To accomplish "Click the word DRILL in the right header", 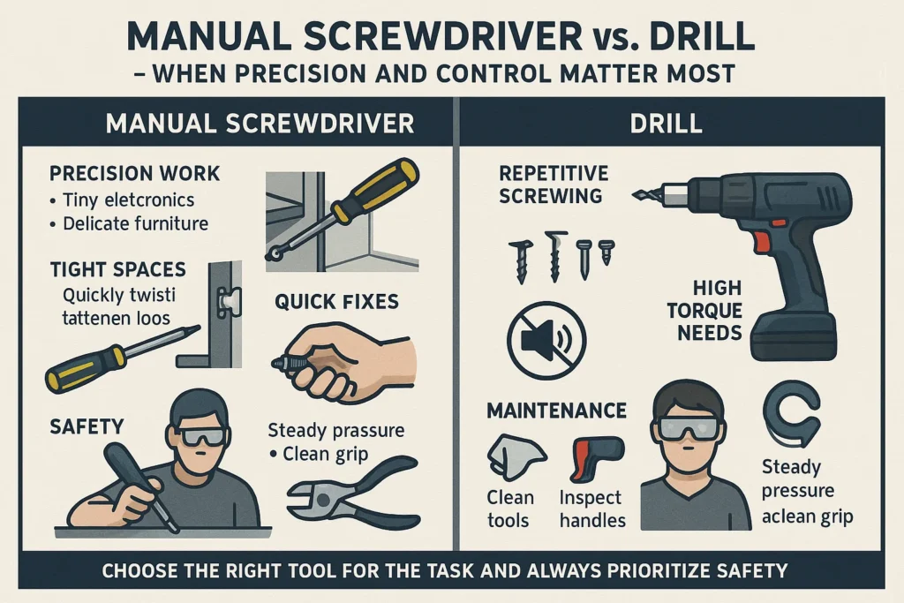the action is [666, 123].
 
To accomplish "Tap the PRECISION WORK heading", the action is [134, 174].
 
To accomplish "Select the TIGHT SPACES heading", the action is [118, 269].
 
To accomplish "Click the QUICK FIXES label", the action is [336, 302].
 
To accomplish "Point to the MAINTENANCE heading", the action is [556, 411].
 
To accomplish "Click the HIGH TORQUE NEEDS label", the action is [704, 310].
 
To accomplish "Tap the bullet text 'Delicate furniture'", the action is [135, 223].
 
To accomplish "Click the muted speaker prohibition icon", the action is [546, 340].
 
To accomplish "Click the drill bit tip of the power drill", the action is [636, 196].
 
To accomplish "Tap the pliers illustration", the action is [353, 490].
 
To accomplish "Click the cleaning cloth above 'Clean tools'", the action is [515, 456].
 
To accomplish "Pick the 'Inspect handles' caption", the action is [592, 509].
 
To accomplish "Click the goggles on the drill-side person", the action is [689, 429].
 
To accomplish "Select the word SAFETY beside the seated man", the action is [87, 426].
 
